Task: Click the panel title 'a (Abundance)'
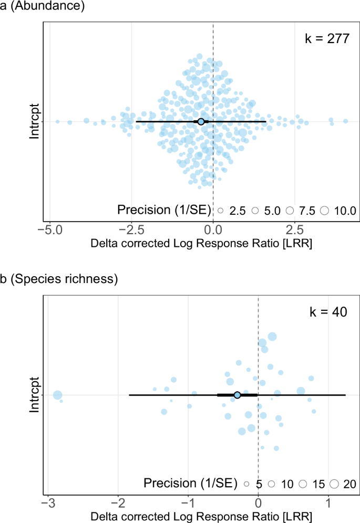[35, 7]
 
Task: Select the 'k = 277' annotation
[327, 39]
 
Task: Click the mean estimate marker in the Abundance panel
[201, 122]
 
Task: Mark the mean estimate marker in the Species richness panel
[237, 395]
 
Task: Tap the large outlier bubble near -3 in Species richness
[58, 395]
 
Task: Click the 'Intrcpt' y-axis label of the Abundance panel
[35, 122]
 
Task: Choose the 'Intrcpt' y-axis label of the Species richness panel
[35, 395]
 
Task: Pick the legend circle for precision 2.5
[221, 211]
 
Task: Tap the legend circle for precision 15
[303, 484]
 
